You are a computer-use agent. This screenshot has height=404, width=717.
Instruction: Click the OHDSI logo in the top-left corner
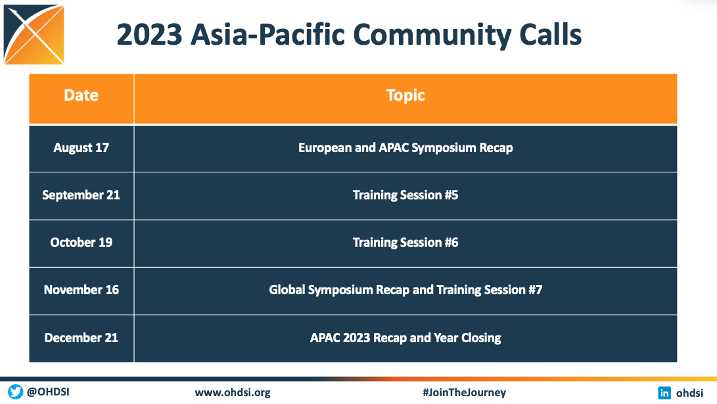click(x=34, y=34)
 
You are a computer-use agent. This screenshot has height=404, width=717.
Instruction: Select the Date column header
click(x=81, y=95)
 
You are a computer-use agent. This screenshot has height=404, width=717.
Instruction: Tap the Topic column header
click(x=405, y=95)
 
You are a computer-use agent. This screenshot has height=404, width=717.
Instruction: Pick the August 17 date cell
click(x=81, y=148)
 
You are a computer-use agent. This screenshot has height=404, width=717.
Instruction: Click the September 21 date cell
click(x=81, y=195)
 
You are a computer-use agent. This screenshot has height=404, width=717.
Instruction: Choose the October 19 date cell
click(x=81, y=243)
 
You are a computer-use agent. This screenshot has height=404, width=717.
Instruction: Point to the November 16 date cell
click(x=81, y=290)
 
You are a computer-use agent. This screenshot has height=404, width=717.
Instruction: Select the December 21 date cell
click(x=81, y=338)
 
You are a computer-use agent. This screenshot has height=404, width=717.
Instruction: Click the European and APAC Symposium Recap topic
click(x=405, y=148)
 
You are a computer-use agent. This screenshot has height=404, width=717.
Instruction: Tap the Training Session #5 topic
click(x=405, y=195)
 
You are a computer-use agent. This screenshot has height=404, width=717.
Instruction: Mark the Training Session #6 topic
click(x=405, y=243)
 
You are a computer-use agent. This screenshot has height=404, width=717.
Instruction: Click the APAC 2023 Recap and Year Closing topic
click(x=405, y=338)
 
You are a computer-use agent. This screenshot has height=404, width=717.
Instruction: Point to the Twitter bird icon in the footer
click(x=15, y=392)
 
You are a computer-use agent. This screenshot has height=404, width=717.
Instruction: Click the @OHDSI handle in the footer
click(x=48, y=393)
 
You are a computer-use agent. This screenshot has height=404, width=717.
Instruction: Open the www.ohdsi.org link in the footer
click(x=233, y=393)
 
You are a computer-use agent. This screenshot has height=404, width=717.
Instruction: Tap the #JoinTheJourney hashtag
click(x=464, y=393)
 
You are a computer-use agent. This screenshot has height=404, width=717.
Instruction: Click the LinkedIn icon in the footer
click(x=665, y=393)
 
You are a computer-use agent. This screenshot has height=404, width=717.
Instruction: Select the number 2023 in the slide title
click(x=149, y=36)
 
